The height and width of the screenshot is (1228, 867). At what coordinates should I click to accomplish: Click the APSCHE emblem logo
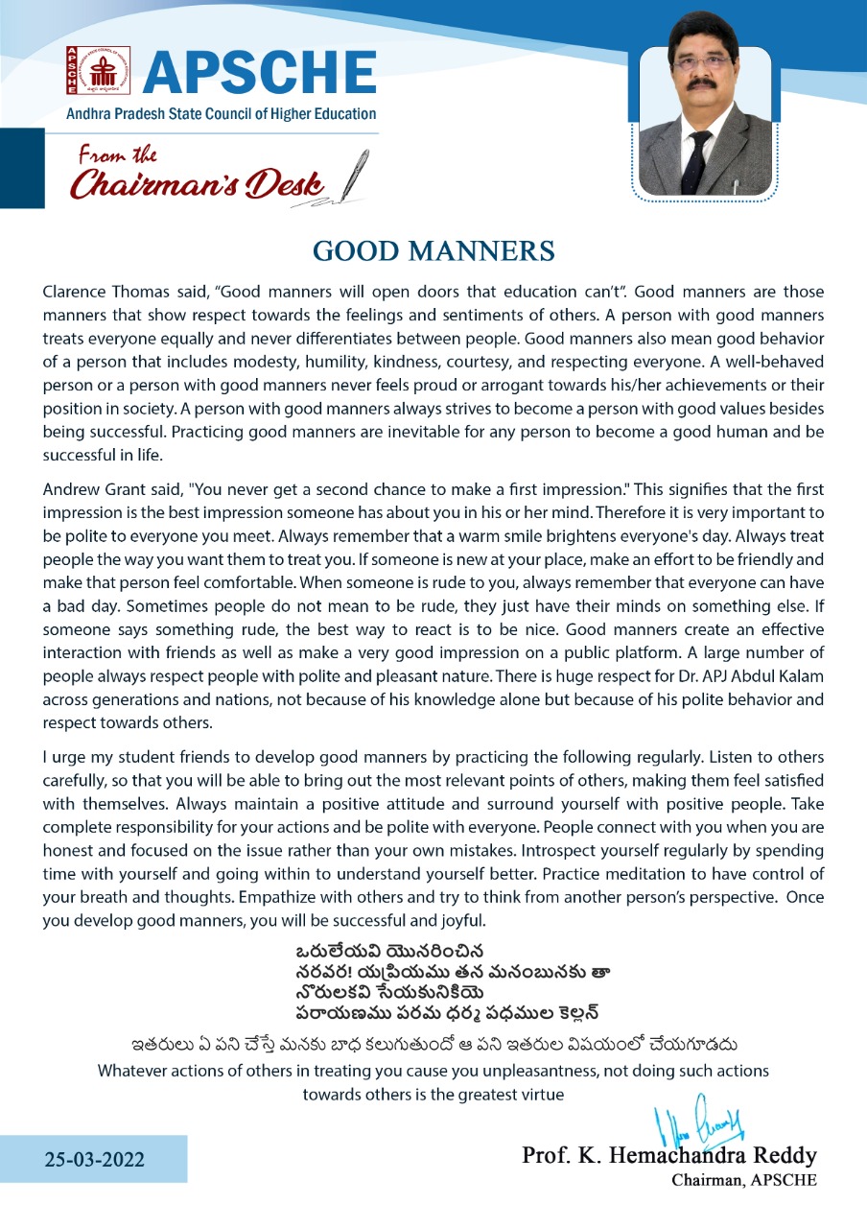[x=84, y=70]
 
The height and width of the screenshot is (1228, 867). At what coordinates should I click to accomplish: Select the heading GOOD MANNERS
[x=433, y=251]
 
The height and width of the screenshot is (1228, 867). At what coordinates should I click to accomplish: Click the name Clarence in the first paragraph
[x=73, y=292]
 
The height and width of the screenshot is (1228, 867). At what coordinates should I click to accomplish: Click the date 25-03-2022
[x=95, y=1159]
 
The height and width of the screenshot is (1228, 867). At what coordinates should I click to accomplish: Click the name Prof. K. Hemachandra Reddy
[x=668, y=1154]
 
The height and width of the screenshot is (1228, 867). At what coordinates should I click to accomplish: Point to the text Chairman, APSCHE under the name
[x=744, y=1180]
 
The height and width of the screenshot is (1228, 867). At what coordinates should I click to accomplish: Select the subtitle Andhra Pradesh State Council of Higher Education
[x=221, y=113]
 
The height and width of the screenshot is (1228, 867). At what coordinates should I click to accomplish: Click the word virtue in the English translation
[x=541, y=1094]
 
